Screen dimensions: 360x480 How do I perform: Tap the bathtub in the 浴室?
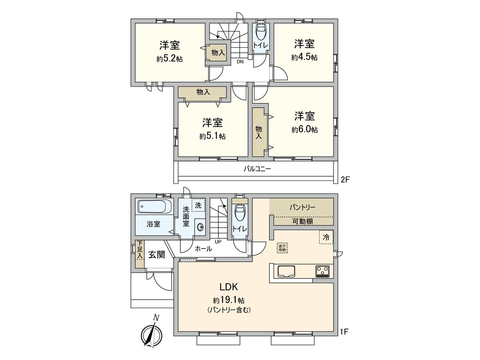154,207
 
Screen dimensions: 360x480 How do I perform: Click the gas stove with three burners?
322,271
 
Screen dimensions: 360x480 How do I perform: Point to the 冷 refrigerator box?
326,237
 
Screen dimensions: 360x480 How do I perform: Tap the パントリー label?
302,208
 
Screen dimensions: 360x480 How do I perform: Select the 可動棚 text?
303,222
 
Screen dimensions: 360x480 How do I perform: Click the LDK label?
229,287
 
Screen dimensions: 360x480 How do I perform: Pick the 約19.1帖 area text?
229,300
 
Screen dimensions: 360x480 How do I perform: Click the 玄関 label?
157,254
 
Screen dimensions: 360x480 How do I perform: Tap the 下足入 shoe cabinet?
140,254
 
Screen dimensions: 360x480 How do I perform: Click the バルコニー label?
258,169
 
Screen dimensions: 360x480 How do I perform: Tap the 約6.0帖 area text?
305,130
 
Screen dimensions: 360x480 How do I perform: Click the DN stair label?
240,62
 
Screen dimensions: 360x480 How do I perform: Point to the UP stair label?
218,241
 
